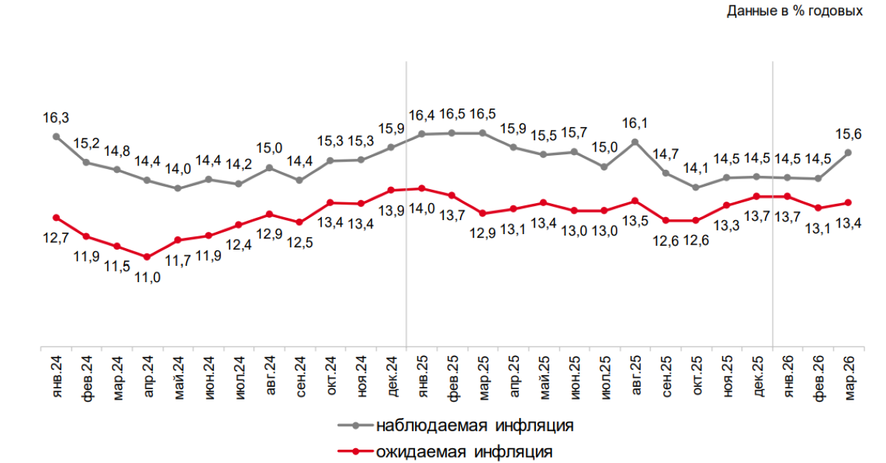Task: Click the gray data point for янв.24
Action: pyautogui.click(x=56, y=136)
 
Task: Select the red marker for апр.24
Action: pyautogui.click(x=147, y=257)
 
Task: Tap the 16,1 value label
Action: pyautogui.click(x=634, y=123)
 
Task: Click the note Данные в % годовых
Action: pyautogui.click(x=794, y=11)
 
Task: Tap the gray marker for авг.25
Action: pyautogui.click(x=634, y=141)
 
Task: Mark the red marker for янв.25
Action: pyautogui.click(x=422, y=188)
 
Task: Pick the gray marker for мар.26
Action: pyautogui.click(x=848, y=152)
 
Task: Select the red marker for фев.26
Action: pyautogui.click(x=817, y=208)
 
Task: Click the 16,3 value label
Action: pyautogui.click(x=56, y=117)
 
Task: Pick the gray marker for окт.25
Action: pyautogui.click(x=696, y=187)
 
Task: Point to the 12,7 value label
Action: pyautogui.click(x=56, y=237)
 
